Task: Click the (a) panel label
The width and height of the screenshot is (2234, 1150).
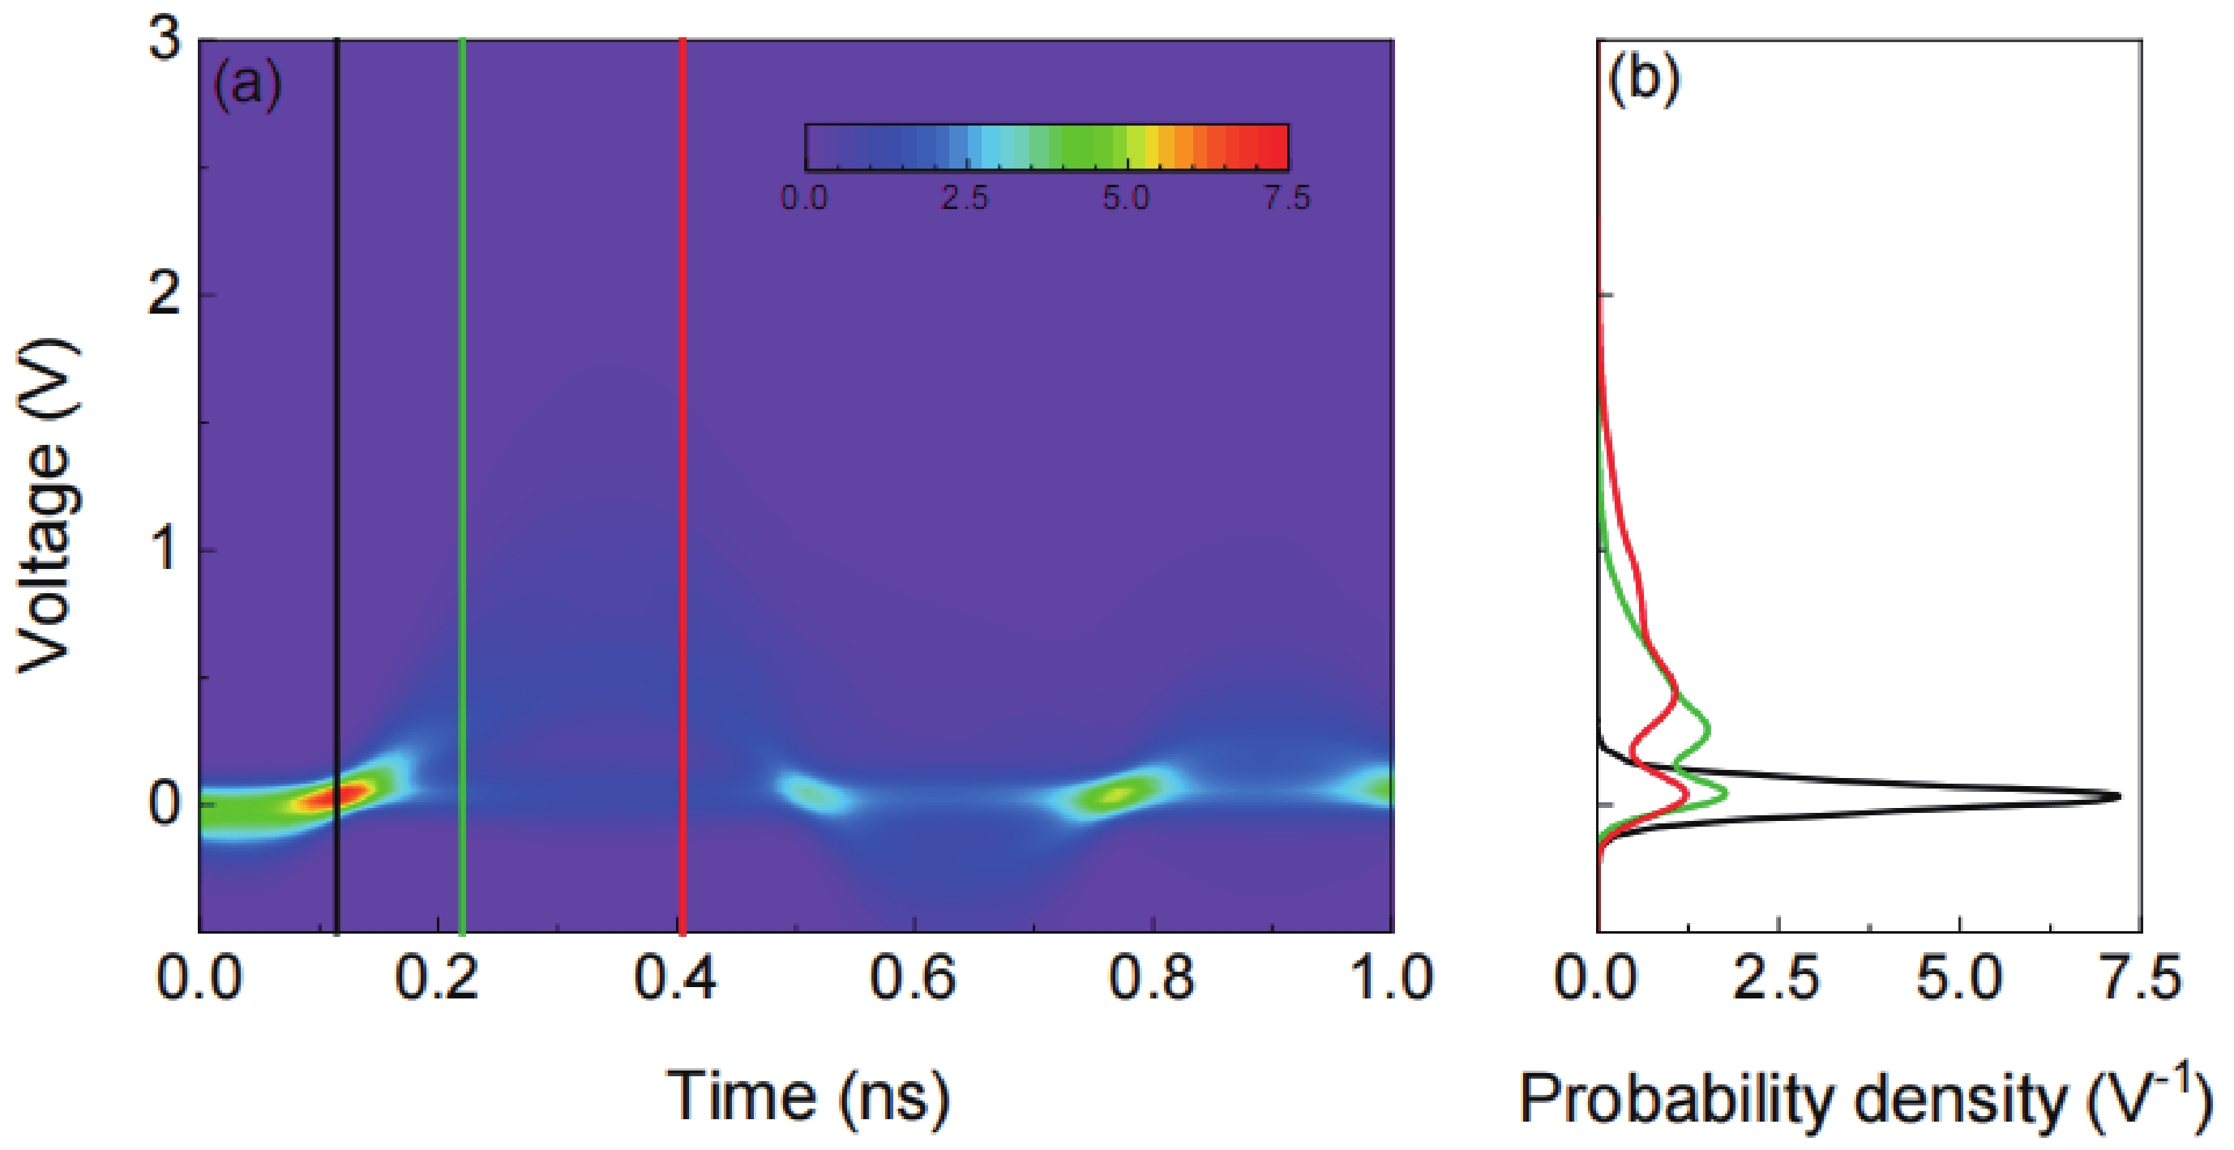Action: tap(249, 86)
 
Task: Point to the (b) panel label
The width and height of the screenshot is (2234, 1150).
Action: tap(1643, 79)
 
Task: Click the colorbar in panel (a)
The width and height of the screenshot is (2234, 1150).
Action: tap(1046, 147)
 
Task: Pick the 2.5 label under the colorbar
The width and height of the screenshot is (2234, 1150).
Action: tap(965, 199)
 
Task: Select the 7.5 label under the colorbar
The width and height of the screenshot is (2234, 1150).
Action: tap(1286, 199)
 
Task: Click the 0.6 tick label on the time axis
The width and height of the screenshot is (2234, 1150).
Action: tap(914, 978)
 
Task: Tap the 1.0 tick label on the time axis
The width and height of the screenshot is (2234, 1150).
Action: tap(1390, 978)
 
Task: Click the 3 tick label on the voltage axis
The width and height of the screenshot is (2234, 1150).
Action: tap(165, 41)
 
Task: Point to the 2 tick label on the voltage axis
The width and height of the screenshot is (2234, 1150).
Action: tap(165, 296)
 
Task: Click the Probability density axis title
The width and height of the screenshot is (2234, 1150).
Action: tap(1864, 1100)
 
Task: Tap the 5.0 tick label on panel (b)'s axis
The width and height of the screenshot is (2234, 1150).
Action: tap(1959, 978)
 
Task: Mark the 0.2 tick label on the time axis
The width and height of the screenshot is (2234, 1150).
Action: tap(437, 978)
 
